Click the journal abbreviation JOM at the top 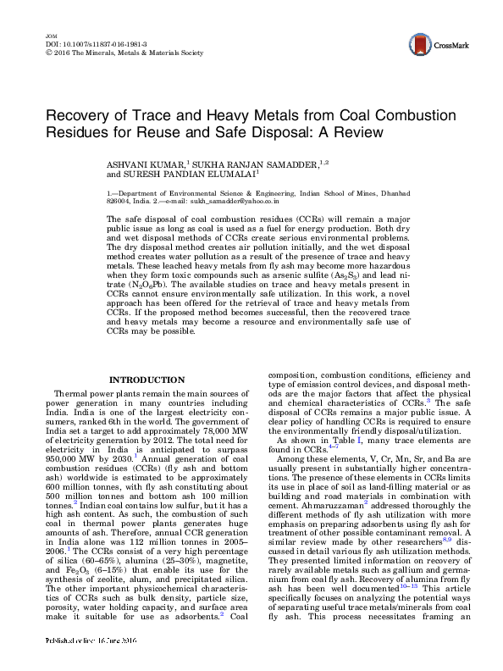(x=47, y=33)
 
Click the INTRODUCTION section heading (x=147, y=379)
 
